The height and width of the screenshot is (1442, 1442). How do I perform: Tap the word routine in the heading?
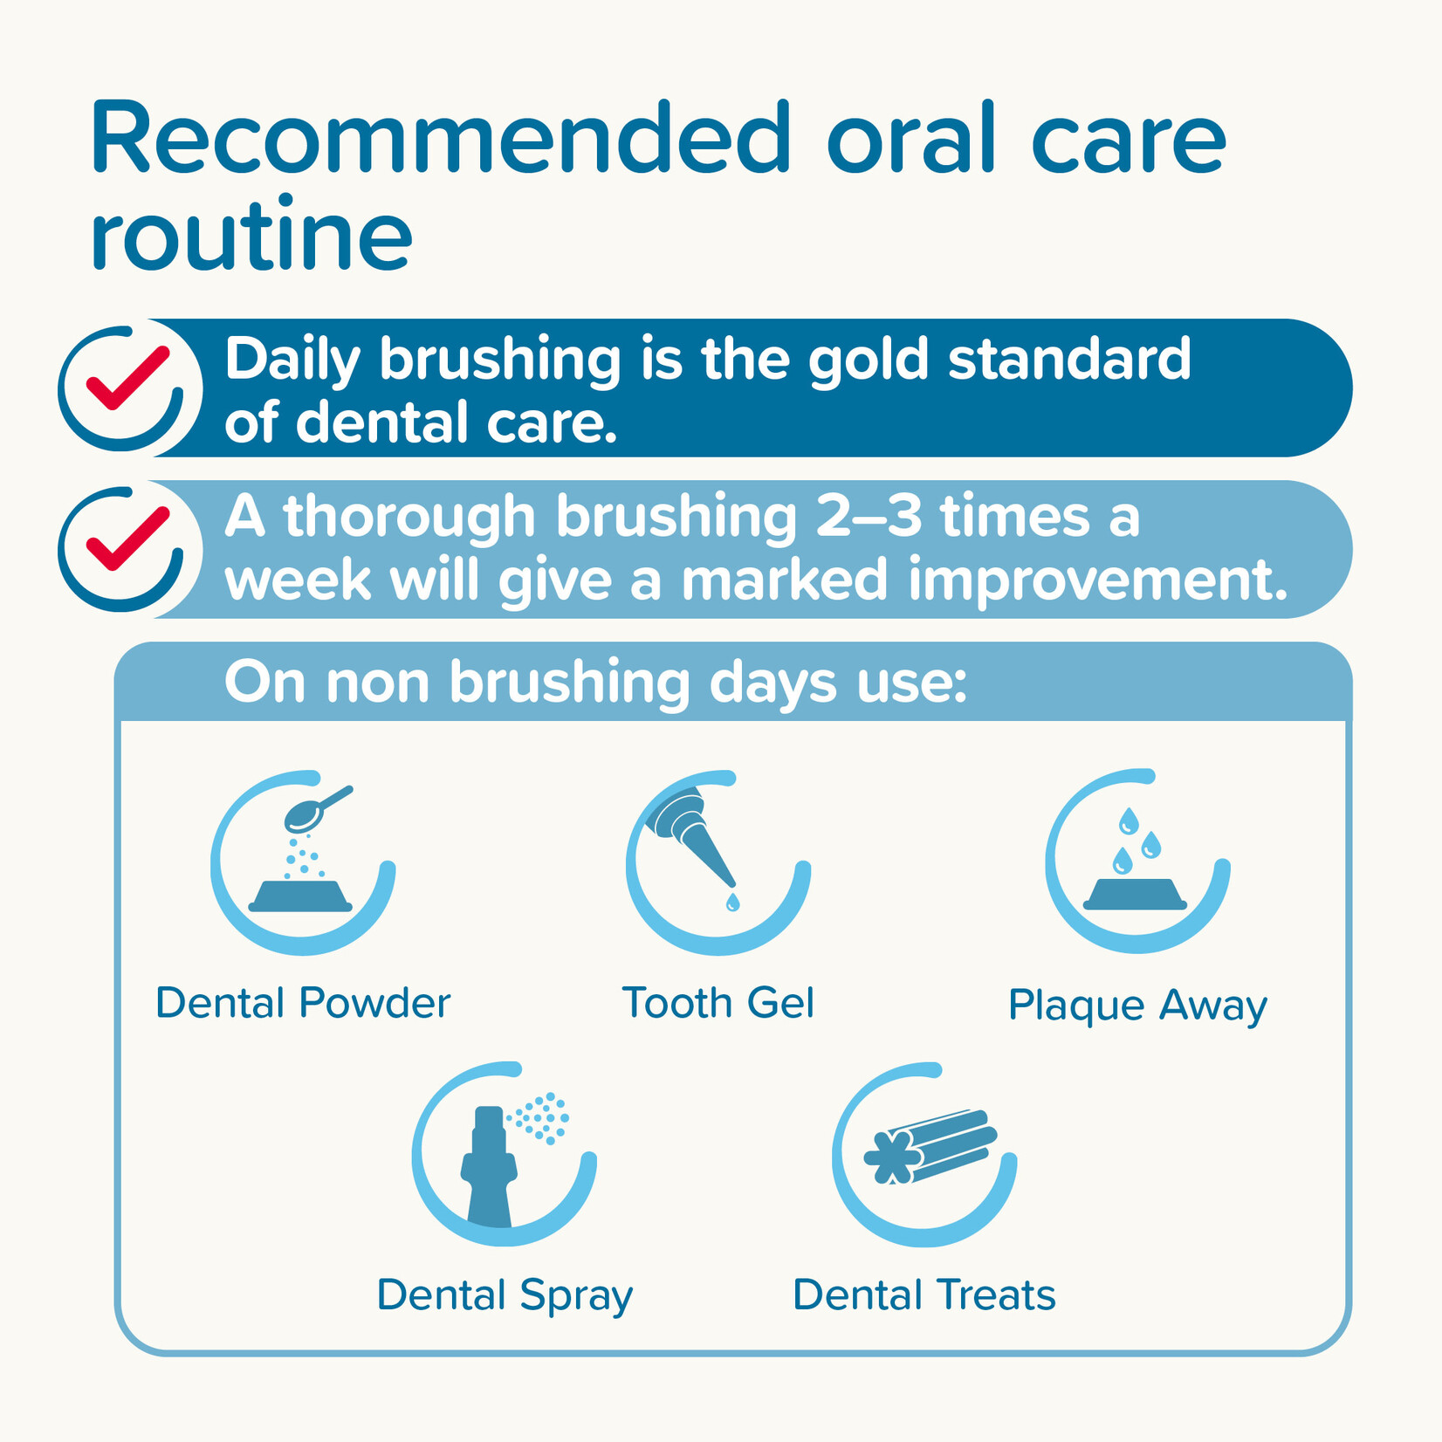point(251,236)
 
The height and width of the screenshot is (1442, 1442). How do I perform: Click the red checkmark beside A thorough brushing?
point(127,539)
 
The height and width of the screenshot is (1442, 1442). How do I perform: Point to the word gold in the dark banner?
point(868,360)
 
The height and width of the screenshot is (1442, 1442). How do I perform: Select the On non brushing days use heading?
point(595,682)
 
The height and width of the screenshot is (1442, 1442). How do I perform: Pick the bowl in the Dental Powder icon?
point(300,896)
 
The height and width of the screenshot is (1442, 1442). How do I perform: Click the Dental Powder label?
point(303,1003)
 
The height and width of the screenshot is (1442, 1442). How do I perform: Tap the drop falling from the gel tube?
point(732,902)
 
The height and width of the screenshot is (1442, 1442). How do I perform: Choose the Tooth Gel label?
point(718,1003)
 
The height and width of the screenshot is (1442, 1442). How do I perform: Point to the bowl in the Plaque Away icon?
point(1135,895)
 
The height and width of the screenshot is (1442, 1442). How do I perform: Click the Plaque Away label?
point(1137,1006)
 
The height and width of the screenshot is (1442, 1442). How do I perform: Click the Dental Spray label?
point(505,1295)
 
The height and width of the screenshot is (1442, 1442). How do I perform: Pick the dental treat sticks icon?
point(930,1146)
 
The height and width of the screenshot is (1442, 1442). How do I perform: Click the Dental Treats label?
point(924,1295)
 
